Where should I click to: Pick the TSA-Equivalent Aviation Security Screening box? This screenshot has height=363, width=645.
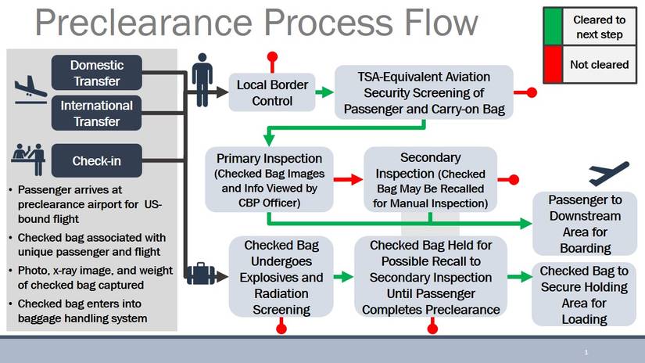point(424,92)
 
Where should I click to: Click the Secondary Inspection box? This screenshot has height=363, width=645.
point(430,179)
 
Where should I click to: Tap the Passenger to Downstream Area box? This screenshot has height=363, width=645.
point(585,224)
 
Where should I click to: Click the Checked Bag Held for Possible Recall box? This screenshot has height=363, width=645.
point(430,277)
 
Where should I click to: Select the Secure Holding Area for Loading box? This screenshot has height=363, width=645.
point(585,294)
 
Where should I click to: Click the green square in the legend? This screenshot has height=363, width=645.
point(554,26)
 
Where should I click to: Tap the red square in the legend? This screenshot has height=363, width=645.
point(554,64)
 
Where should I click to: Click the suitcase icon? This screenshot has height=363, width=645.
point(201,275)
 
